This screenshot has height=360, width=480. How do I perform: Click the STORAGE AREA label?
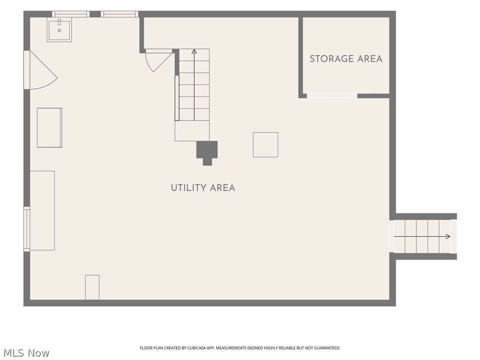pos(346,59)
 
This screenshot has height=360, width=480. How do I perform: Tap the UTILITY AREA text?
pos(203,187)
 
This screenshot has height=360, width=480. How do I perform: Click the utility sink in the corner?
pos(59,30)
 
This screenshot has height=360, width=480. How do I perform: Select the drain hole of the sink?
pos(59,30)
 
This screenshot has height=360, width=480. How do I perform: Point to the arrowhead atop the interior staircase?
pos(194,51)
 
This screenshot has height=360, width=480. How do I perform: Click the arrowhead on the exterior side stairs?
pos(448,236)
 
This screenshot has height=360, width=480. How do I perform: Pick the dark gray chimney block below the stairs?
pos(207,153)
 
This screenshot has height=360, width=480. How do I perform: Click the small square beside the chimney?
pos(265,145)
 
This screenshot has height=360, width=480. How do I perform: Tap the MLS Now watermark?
pos(26,353)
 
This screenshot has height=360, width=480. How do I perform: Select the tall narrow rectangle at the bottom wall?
pos(92,287)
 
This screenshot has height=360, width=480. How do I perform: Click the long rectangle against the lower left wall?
pos(42,210)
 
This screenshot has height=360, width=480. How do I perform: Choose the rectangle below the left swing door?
pos(50,127)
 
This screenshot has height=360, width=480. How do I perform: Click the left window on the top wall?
pos(71,14)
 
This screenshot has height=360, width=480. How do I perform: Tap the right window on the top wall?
pos(120,14)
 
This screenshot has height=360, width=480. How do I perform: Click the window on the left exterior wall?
pos(27,229)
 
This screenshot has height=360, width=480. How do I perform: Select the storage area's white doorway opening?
pos(332,96)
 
